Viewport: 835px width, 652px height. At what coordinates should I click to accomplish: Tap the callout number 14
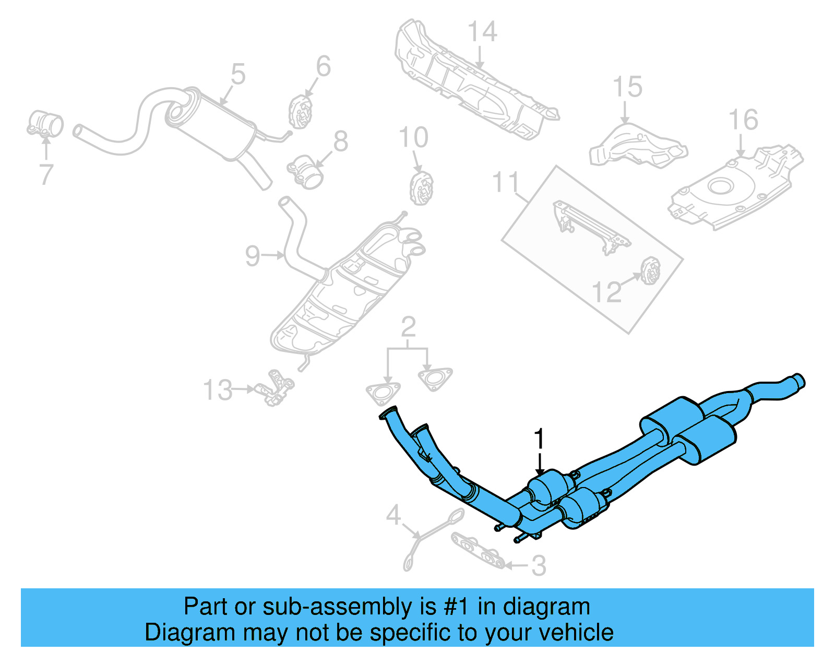[482, 32]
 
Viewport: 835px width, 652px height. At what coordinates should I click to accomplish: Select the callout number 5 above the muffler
[237, 74]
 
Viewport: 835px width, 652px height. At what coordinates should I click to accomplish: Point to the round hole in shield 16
[721, 185]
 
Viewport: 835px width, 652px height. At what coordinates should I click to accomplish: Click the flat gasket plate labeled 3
[478, 551]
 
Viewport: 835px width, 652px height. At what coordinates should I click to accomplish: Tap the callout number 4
[393, 516]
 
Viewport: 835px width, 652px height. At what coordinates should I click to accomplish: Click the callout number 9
[252, 256]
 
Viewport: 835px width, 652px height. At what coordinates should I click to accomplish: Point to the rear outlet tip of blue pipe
[798, 380]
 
